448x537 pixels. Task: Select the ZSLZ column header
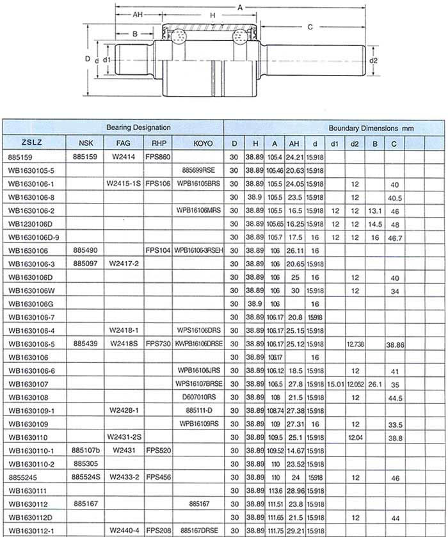(x=33, y=143)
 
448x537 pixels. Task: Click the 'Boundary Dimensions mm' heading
(x=371, y=128)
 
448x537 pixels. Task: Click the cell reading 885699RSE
(x=198, y=171)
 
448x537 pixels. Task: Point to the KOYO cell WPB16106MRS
(x=198, y=211)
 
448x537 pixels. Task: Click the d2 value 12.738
(x=355, y=344)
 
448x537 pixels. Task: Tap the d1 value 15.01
(x=335, y=384)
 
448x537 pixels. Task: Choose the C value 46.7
(x=394, y=237)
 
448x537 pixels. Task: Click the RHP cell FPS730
(x=157, y=344)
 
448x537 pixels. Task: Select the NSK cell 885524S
(x=86, y=477)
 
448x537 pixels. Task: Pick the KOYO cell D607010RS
(x=199, y=397)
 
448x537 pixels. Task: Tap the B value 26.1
(x=375, y=384)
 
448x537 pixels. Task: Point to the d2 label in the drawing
(x=374, y=61)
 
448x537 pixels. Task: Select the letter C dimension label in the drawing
(x=310, y=26)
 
